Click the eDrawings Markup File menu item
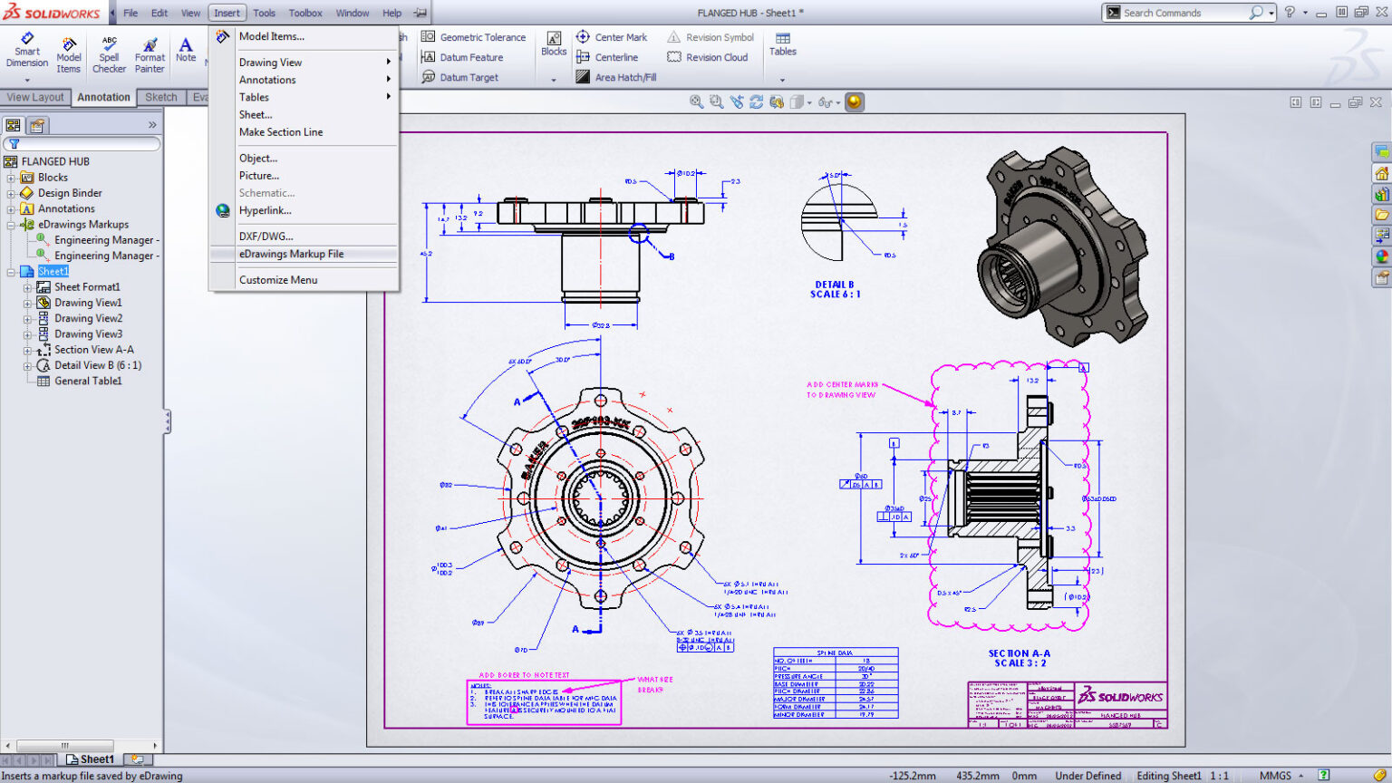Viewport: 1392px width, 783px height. (x=291, y=255)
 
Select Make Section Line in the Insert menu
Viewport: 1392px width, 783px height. (x=281, y=132)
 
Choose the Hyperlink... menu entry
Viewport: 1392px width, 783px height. (x=265, y=211)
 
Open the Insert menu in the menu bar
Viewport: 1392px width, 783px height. (x=227, y=13)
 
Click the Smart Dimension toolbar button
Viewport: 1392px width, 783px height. (x=27, y=51)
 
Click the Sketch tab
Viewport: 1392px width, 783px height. (x=161, y=97)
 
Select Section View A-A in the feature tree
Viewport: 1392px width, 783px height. (x=93, y=350)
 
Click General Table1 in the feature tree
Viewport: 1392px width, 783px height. (x=88, y=382)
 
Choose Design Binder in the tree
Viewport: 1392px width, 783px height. (x=70, y=193)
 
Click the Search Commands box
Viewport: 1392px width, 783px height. (x=1184, y=13)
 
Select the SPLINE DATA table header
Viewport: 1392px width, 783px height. (x=835, y=652)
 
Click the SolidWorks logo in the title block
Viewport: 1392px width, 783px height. (x=1120, y=697)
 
